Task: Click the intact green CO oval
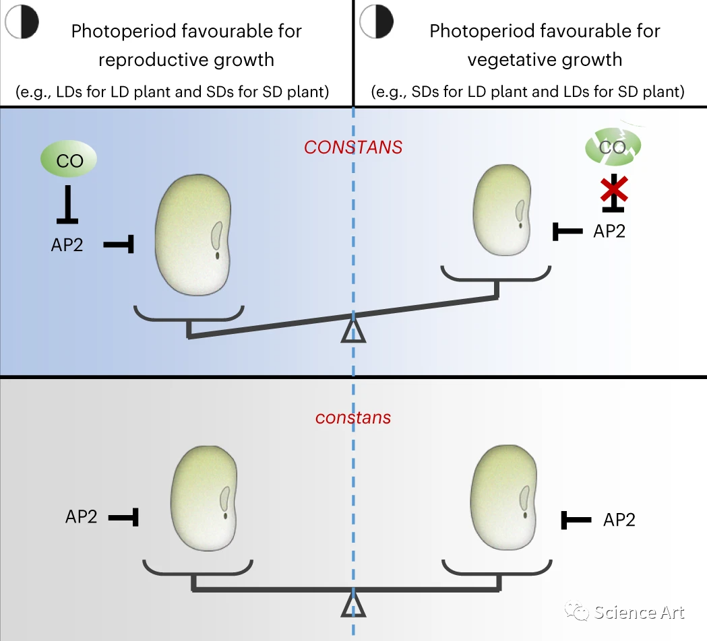coord(69,160)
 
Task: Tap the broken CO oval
coord(613,146)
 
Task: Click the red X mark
coord(614,189)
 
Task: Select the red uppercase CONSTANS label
coord(353,147)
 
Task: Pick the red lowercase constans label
coord(353,417)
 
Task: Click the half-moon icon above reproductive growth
coord(22,22)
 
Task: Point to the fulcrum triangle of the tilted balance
coord(353,329)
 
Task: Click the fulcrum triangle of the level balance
coord(353,604)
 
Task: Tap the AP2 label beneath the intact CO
coord(67,244)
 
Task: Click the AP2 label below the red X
coord(609,231)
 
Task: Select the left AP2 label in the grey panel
coord(82,516)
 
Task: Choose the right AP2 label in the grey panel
coord(619,520)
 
